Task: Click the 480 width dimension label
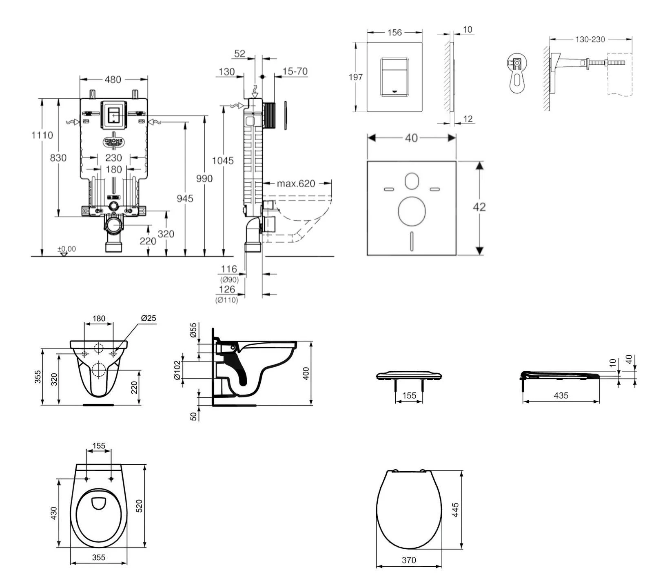click(113, 80)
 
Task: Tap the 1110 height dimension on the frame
click(42, 135)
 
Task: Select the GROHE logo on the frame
click(113, 142)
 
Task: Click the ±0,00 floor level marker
click(66, 249)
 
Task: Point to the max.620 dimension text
click(296, 184)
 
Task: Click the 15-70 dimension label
click(295, 71)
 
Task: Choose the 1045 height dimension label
click(222, 161)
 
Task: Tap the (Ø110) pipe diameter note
click(226, 300)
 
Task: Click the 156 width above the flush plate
click(394, 32)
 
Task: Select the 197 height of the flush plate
click(355, 77)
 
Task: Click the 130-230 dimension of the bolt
click(590, 40)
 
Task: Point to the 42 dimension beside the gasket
click(479, 207)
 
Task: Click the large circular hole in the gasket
click(412, 211)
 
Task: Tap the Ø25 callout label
click(148, 318)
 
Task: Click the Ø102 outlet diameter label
click(177, 370)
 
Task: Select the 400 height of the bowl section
click(306, 373)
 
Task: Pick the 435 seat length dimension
click(561, 395)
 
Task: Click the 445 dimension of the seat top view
click(455, 510)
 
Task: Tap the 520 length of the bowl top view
click(139, 506)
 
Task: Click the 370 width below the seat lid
click(409, 560)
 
